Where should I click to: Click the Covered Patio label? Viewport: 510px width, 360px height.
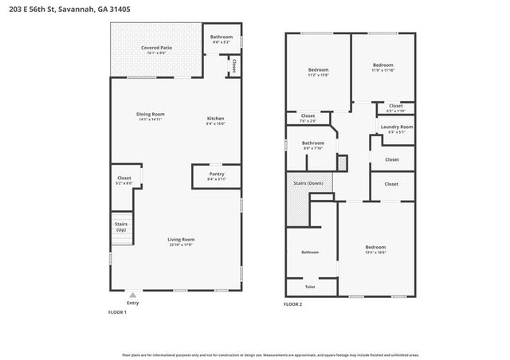[x=157, y=47]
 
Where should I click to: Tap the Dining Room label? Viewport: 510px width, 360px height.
[x=150, y=115]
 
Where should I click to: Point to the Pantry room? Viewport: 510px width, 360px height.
[x=216, y=174]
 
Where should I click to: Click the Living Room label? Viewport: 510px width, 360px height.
[x=181, y=240]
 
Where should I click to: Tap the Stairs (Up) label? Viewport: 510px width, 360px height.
[x=122, y=227]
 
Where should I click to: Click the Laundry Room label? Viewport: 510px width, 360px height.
[x=396, y=127]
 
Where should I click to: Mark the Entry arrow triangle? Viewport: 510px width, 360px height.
[x=132, y=295]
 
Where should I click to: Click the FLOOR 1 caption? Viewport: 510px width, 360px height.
[x=119, y=312]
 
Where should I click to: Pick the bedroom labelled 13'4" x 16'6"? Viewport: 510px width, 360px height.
[x=375, y=248]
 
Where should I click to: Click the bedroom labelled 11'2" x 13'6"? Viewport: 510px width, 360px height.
[x=318, y=70]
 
